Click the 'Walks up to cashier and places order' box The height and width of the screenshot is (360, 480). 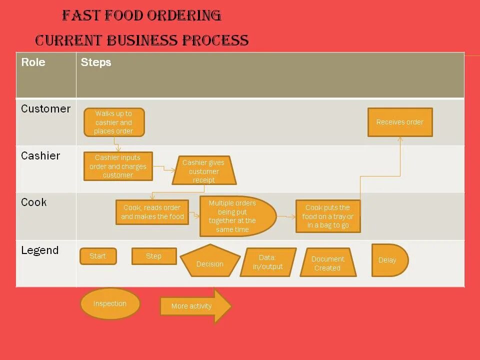click(x=114, y=122)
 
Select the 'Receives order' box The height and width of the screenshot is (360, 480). click(x=400, y=122)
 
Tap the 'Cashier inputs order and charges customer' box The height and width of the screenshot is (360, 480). click(x=118, y=166)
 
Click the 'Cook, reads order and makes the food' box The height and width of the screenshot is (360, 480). click(x=152, y=212)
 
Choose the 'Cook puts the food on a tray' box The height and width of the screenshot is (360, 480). click(x=328, y=216)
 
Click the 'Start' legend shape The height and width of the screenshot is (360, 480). click(x=98, y=256)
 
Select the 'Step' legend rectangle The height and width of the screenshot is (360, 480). click(x=154, y=256)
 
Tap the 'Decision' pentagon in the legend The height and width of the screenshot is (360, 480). click(x=210, y=262)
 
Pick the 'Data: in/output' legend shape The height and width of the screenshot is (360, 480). click(x=268, y=262)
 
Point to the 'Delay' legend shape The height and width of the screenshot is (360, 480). click(x=389, y=260)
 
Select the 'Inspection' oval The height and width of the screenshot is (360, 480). click(x=110, y=303)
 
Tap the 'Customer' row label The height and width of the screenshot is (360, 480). click(x=46, y=109)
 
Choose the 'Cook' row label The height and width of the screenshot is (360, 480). click(x=34, y=202)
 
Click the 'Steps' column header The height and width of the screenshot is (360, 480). click(x=96, y=62)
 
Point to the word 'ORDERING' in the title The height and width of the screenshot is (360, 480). click(x=184, y=16)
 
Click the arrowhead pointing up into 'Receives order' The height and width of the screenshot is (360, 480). click(x=400, y=139)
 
